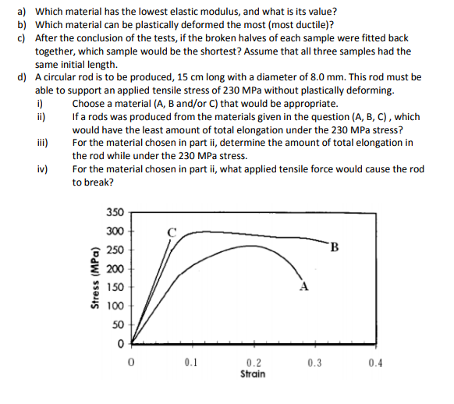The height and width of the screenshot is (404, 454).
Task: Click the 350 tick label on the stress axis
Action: [114, 211]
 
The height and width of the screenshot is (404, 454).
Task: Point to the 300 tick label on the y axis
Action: [114, 231]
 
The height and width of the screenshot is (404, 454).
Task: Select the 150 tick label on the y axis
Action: [114, 286]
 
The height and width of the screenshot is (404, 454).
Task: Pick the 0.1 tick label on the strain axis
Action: [192, 363]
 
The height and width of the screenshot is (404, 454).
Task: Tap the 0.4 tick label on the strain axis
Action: [377, 363]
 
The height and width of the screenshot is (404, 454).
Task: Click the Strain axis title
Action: [254, 374]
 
